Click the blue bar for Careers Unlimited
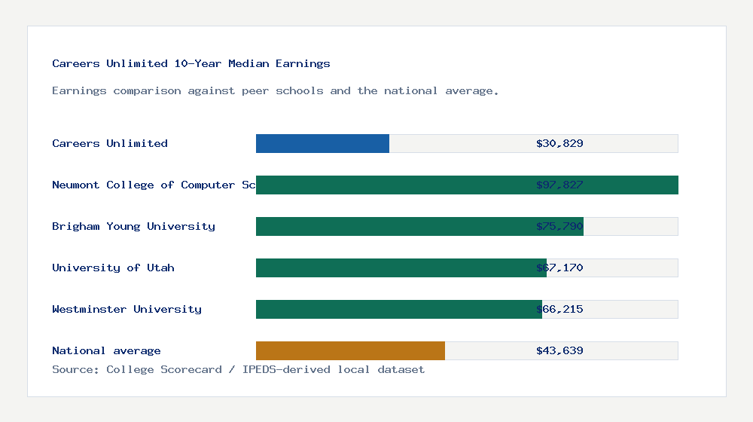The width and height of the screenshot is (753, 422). click(322, 143)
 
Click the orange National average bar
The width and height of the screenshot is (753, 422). click(350, 350)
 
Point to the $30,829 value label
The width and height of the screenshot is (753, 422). click(559, 143)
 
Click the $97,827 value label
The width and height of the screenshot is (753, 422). click(559, 185)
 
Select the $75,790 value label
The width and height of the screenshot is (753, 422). click(559, 226)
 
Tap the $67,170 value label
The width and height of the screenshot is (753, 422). click(559, 268)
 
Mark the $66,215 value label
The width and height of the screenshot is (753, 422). click(559, 309)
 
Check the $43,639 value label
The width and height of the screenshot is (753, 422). click(559, 350)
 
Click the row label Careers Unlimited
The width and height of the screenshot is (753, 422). click(110, 143)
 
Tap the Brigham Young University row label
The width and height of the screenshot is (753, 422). click(133, 226)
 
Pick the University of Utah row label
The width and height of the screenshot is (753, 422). click(113, 268)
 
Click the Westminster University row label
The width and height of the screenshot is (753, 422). click(127, 309)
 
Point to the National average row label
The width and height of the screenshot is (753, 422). click(106, 350)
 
